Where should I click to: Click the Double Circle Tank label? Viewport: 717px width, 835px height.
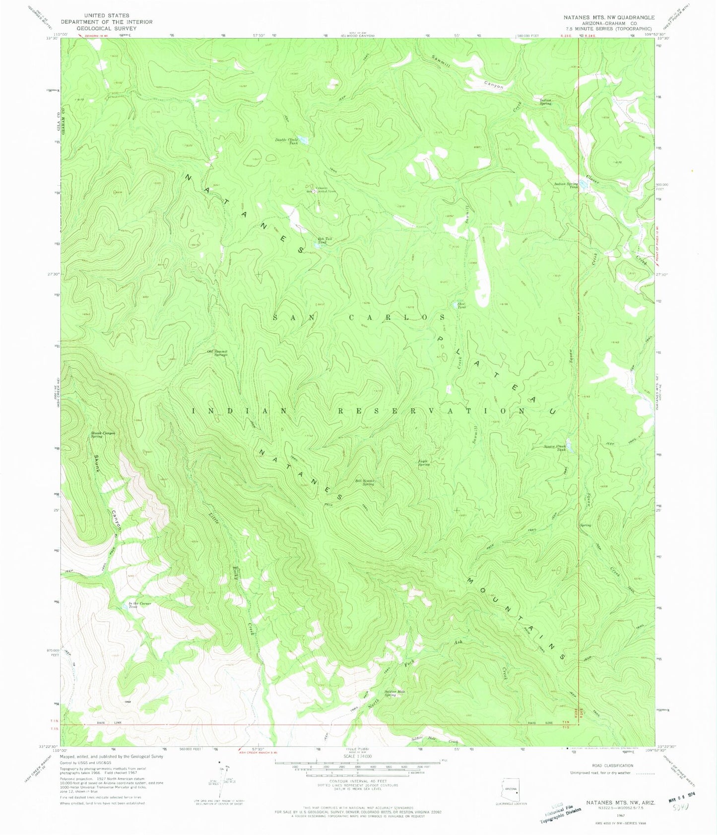click(287, 141)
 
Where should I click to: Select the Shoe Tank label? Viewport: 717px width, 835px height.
click(461, 306)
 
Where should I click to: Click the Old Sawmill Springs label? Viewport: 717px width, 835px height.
click(217, 353)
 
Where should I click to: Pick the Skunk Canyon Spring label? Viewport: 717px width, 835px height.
click(103, 435)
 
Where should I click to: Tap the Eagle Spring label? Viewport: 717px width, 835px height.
click(423, 462)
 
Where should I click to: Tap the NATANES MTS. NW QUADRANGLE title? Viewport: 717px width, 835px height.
click(609, 17)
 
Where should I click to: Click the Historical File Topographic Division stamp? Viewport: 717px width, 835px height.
click(564, 811)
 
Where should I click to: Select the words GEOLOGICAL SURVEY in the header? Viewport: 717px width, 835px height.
click(107, 29)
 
